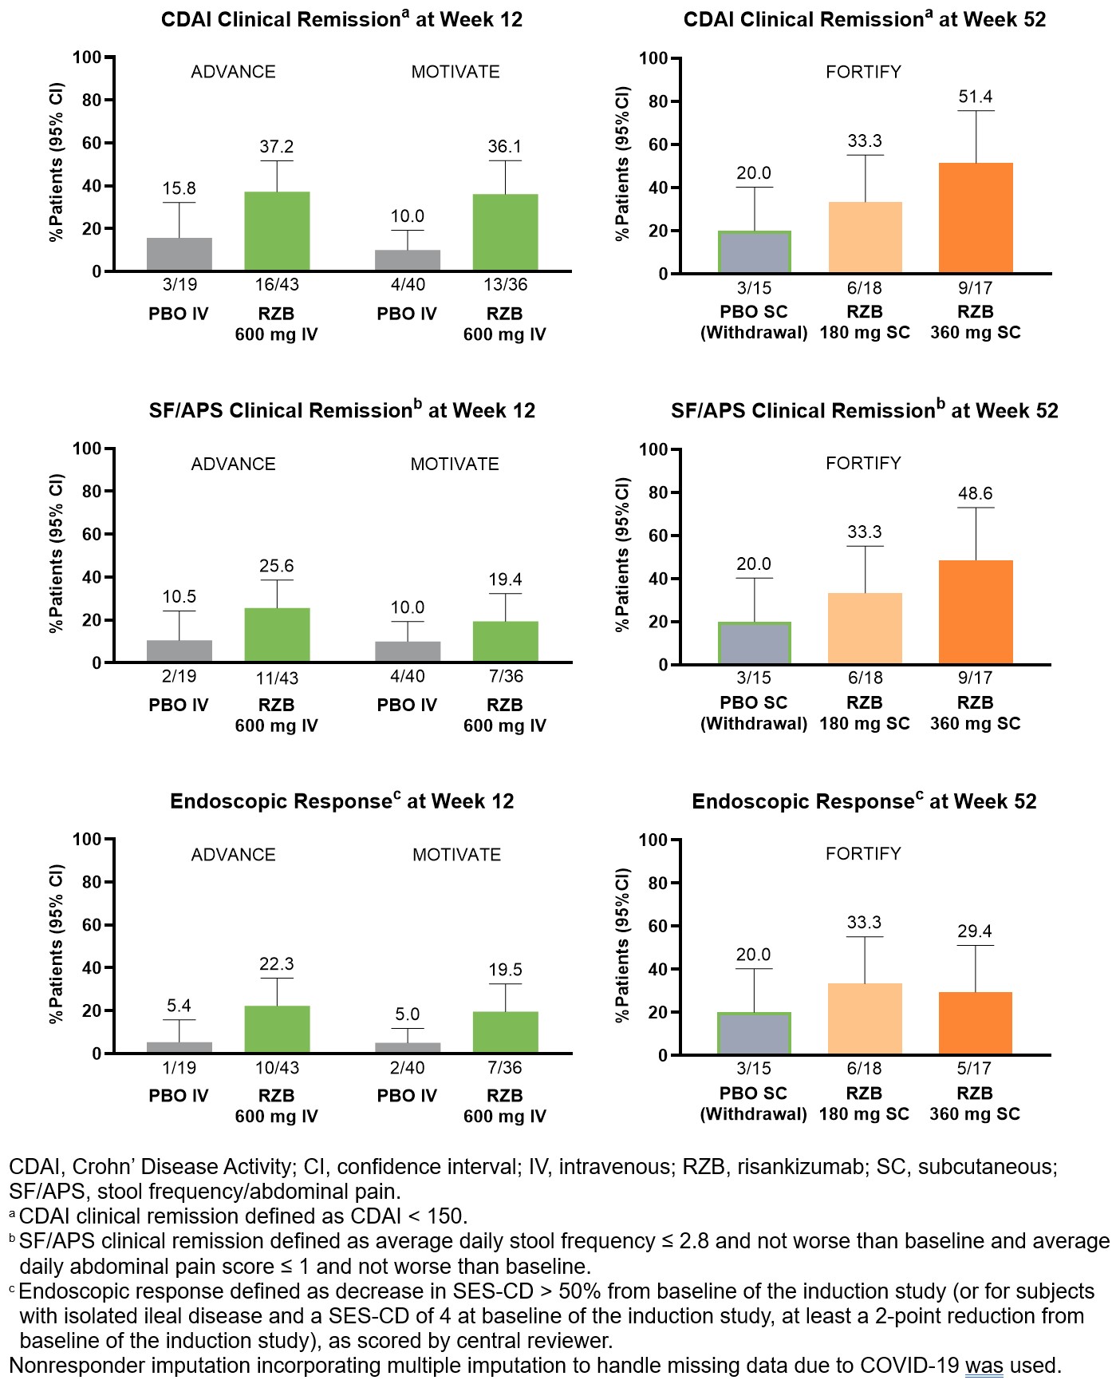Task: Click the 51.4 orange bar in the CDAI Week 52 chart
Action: (975, 218)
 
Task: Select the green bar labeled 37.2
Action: (277, 231)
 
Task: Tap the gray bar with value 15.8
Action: (179, 254)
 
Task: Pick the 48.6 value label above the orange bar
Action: (975, 493)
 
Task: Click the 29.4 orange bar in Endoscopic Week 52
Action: (975, 1023)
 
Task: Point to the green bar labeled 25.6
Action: (277, 635)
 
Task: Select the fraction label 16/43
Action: (277, 285)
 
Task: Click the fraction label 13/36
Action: (505, 285)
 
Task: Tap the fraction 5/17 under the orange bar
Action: (974, 1068)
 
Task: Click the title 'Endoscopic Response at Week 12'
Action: (341, 801)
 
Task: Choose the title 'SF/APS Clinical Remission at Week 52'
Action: (864, 411)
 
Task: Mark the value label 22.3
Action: (277, 964)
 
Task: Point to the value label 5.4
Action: (179, 1006)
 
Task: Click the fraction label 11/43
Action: (277, 678)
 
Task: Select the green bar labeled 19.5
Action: (505, 1033)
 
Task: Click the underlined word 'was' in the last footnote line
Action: (984, 1366)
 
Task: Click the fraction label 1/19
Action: (179, 1068)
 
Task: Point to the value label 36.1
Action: (505, 147)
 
